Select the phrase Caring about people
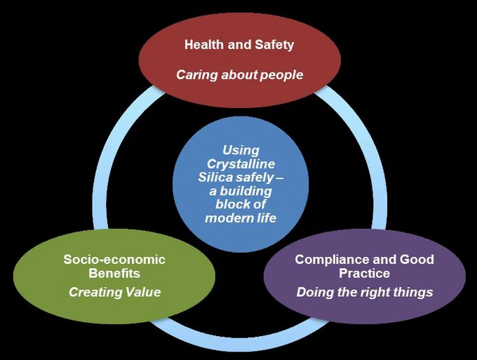click(x=240, y=75)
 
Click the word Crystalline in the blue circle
click(x=241, y=164)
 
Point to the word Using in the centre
click(x=241, y=151)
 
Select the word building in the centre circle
click(x=246, y=192)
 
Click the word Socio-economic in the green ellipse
click(x=114, y=260)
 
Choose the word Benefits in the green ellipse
click(x=114, y=273)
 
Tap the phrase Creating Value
click(x=114, y=292)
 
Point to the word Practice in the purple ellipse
click(x=365, y=273)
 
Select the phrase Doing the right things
click(x=365, y=293)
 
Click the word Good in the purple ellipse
click(x=417, y=260)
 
